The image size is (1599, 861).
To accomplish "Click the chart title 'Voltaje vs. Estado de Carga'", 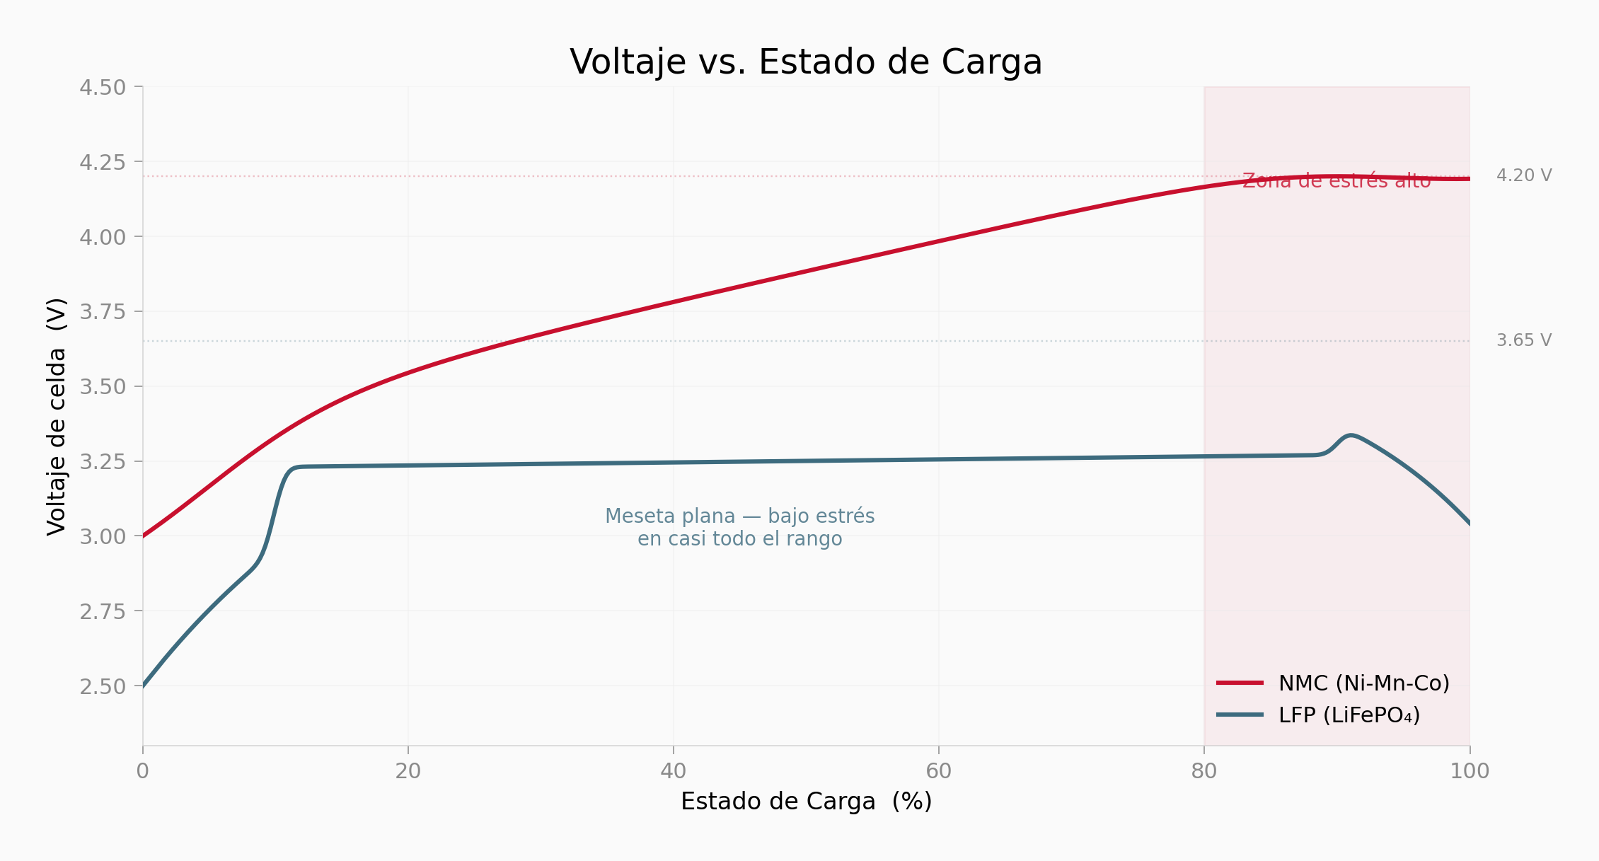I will [x=806, y=62].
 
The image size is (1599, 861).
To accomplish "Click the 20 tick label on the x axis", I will [x=408, y=771].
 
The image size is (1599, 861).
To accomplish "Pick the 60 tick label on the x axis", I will [x=939, y=771].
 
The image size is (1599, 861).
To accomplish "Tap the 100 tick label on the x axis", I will [x=1470, y=771].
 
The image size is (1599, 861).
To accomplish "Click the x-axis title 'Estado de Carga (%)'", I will [x=806, y=802].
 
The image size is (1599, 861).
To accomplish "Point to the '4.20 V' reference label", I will [x=1524, y=175].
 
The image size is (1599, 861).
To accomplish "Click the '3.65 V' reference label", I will [x=1524, y=340].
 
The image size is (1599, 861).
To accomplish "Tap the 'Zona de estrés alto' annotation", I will [x=1337, y=181].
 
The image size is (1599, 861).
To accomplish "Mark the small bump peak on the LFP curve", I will [x=1351, y=435].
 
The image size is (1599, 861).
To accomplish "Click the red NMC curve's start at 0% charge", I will [x=144, y=536].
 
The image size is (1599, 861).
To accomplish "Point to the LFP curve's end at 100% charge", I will [x=1469, y=524].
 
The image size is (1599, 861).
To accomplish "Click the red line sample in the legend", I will [x=1240, y=683].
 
